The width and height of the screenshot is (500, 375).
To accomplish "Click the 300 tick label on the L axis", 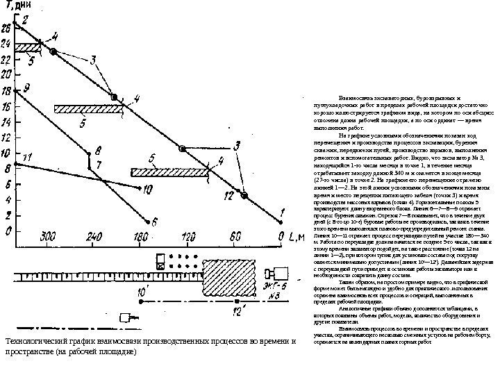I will pyautogui.click(x=47, y=237).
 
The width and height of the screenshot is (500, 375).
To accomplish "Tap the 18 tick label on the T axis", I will pyautogui.click(x=6, y=91).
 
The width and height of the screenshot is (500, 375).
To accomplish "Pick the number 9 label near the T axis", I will pyautogui.click(x=26, y=87).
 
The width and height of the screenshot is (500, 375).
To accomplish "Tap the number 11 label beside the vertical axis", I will pyautogui.click(x=27, y=159).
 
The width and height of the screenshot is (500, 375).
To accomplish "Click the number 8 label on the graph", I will pyautogui.click(x=98, y=149).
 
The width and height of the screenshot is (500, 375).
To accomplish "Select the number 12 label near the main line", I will pyautogui.click(x=228, y=196).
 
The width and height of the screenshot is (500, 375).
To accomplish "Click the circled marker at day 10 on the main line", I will pyautogui.click(x=183, y=149).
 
